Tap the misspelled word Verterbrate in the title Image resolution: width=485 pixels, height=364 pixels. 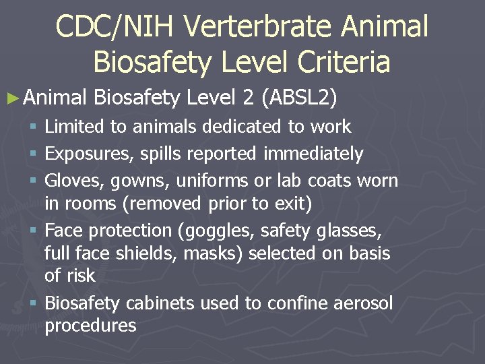click(x=259, y=27)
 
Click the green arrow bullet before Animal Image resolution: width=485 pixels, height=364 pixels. click(x=14, y=98)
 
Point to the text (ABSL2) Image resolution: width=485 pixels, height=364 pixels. click(x=301, y=98)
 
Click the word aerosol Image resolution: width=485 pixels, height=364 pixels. click(x=363, y=304)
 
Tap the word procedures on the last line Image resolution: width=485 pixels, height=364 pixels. click(x=90, y=326)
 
